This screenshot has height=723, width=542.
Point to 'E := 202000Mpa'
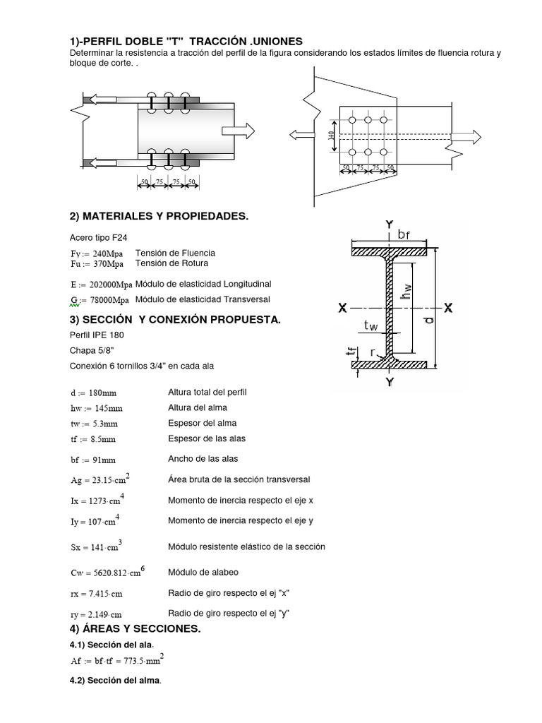click(101, 285)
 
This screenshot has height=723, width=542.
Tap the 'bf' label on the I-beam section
click(403, 234)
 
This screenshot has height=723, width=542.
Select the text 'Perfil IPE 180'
click(97, 335)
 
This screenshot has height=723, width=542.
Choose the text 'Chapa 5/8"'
click(90, 350)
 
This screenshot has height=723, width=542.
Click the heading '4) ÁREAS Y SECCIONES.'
click(135, 629)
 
